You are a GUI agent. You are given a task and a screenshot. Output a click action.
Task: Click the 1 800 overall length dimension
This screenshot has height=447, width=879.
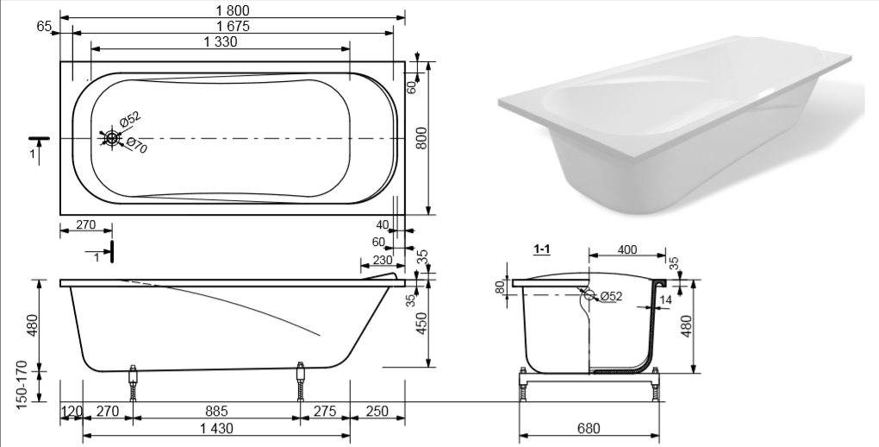232,10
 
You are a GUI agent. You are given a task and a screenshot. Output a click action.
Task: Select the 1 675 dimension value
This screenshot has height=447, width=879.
234,26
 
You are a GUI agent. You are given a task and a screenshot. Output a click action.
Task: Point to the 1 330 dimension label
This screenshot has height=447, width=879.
221,41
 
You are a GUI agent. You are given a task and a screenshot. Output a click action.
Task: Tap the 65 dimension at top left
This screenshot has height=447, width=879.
44,26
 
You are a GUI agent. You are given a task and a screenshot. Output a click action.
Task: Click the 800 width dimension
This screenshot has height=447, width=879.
422,138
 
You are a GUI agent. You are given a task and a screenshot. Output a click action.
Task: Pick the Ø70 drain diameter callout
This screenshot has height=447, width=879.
136,145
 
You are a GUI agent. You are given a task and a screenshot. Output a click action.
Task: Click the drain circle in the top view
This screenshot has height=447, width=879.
111,138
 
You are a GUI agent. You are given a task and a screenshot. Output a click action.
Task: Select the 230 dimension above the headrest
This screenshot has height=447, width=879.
383,260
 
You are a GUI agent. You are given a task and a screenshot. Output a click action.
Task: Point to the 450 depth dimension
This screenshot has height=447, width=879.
422,323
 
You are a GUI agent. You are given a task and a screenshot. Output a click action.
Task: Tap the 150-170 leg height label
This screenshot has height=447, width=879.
22,385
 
